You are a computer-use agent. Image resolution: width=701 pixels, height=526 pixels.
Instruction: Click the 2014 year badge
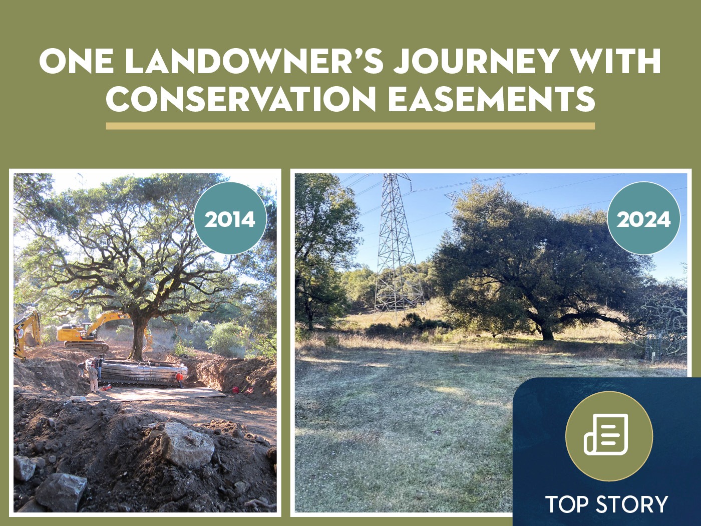[230, 218]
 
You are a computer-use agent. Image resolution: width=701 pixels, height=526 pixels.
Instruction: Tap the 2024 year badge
[643, 218]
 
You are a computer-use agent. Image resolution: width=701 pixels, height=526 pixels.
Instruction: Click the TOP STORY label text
[606, 504]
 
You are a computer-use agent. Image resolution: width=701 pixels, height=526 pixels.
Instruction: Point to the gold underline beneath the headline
[350, 126]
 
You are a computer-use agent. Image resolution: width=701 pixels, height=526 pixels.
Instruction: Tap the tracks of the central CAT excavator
[87, 345]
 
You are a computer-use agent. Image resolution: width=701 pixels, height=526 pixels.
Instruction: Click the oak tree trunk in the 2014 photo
[137, 340]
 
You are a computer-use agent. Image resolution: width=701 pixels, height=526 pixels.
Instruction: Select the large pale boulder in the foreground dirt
[187, 445]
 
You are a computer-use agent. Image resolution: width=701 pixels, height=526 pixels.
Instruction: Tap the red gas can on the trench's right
[236, 389]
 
